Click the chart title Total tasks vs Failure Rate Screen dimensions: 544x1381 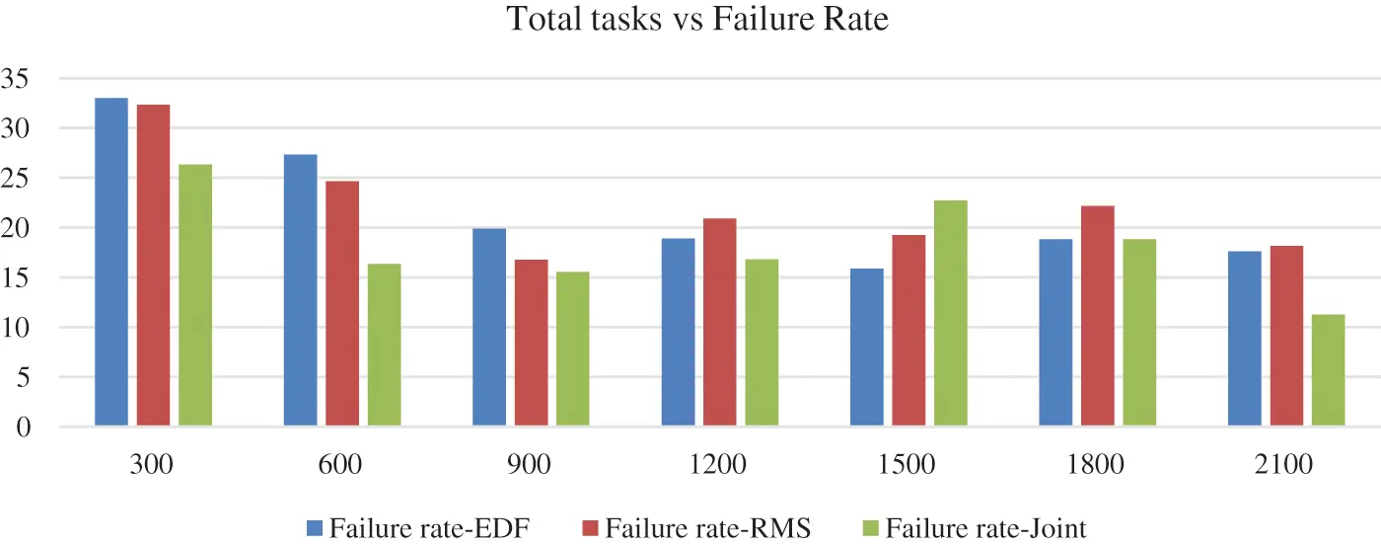697,20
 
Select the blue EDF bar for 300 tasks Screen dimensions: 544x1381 110,263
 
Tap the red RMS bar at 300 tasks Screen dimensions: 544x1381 153,266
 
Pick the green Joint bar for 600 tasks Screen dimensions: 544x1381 385,346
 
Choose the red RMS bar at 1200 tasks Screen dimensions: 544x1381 720,323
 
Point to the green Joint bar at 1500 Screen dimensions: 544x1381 951,314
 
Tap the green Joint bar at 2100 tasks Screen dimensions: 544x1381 1328,370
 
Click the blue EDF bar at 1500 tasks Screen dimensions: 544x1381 867,348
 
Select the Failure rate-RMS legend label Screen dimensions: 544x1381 707,528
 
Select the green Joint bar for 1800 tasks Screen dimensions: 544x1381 1139,333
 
